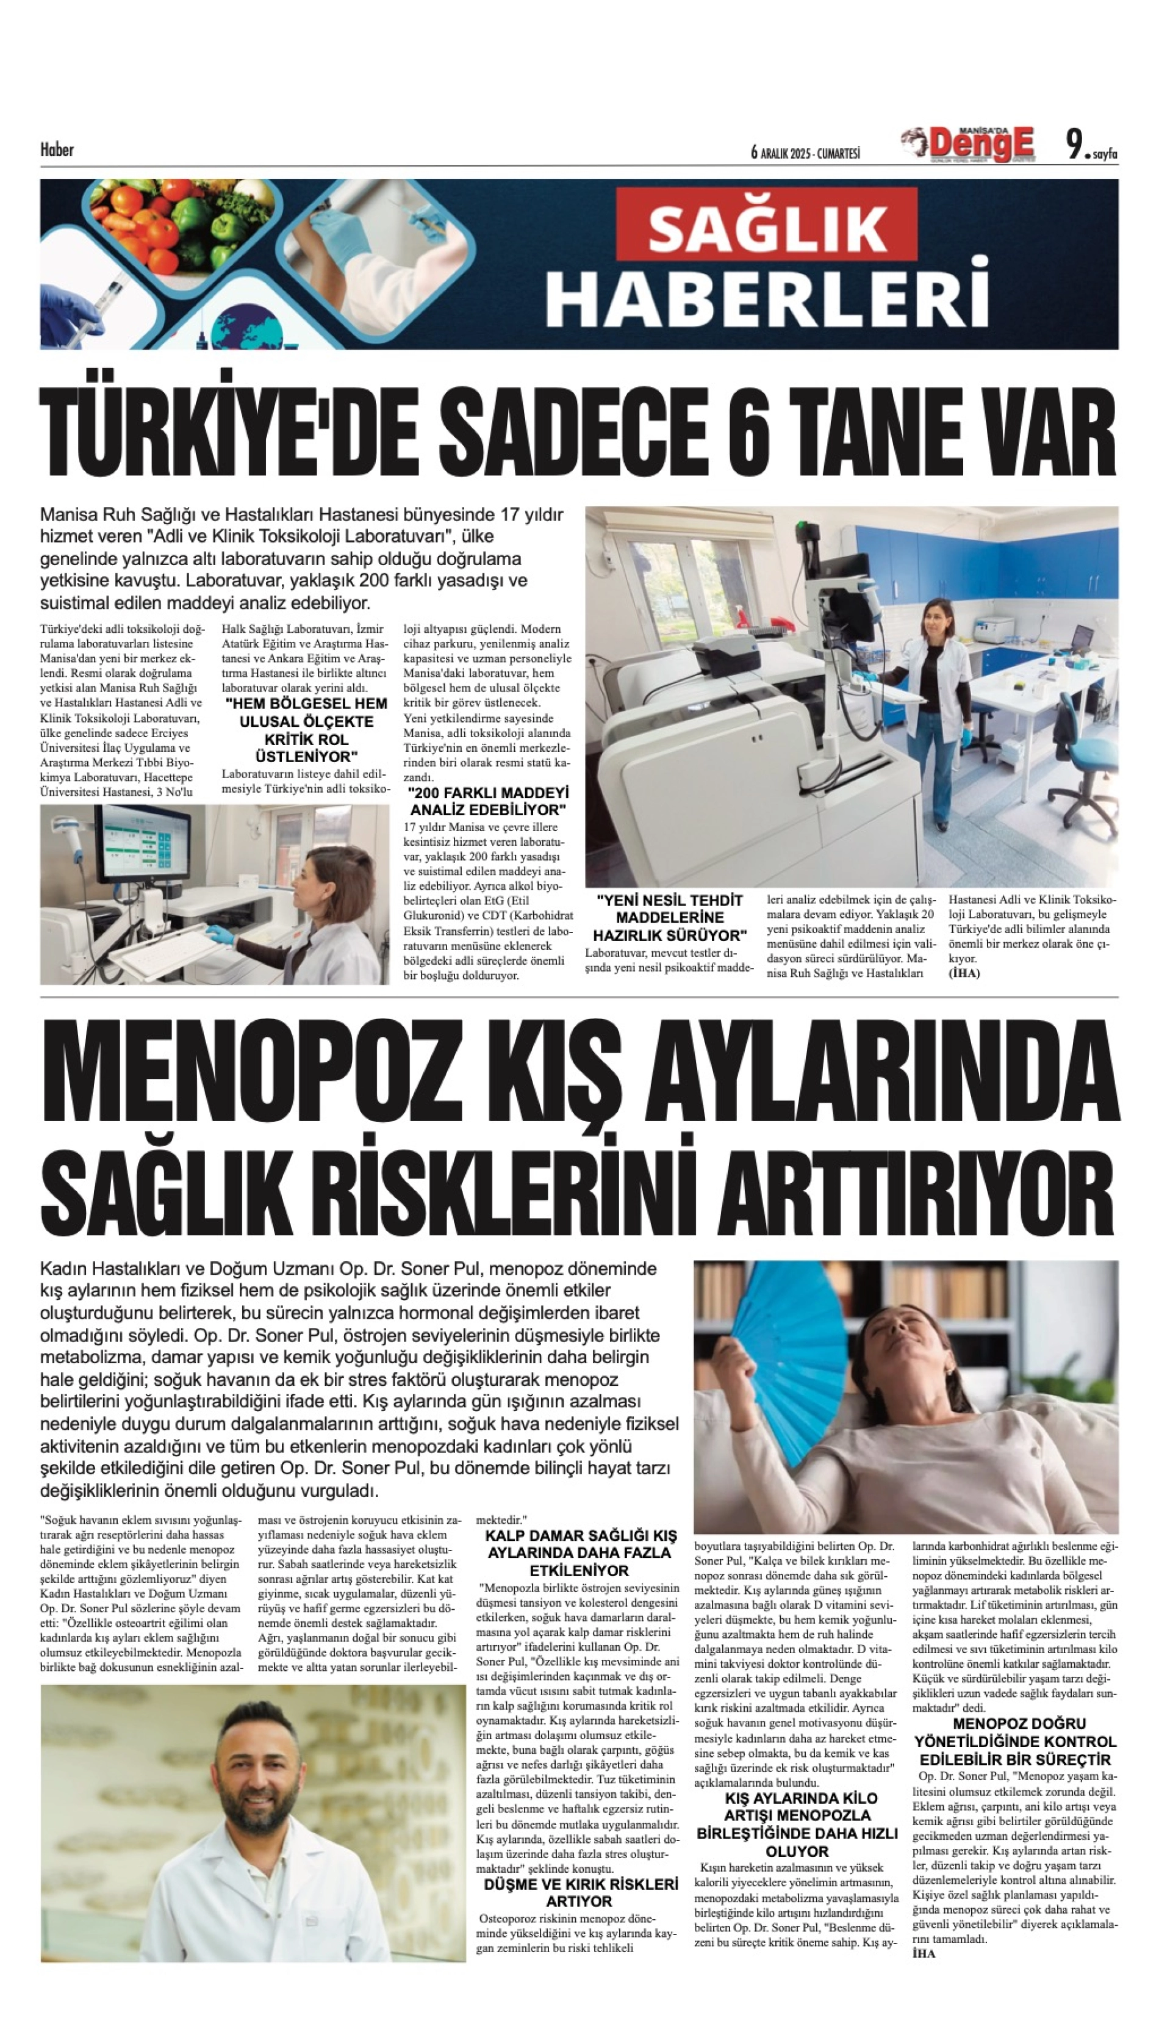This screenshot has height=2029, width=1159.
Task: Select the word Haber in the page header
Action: pos(57,150)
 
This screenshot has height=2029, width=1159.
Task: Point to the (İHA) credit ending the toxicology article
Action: pos(964,973)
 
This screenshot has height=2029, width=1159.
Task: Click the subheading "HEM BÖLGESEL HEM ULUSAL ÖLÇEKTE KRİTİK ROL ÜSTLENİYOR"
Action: pos(306,729)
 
